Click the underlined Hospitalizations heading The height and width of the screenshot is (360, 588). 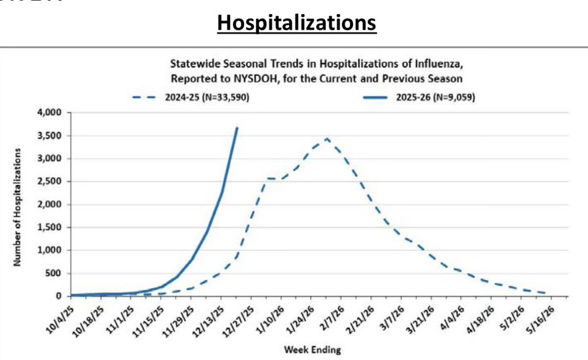click(x=297, y=23)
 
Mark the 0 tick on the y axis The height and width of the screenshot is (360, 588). click(x=60, y=296)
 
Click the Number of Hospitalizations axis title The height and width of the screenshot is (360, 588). click(x=17, y=206)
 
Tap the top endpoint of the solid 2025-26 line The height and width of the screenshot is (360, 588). click(x=237, y=127)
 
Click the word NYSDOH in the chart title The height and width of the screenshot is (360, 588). click(x=245, y=78)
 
